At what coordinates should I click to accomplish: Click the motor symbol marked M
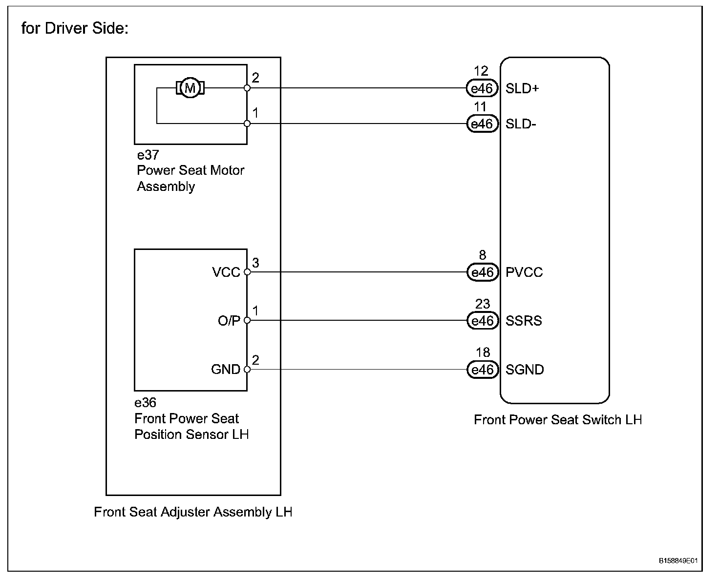coord(190,88)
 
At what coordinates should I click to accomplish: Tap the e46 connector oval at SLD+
coord(482,88)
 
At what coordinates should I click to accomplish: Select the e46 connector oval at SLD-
coord(482,124)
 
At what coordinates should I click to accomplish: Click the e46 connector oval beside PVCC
coord(482,272)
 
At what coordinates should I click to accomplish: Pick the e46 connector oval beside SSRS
coord(482,321)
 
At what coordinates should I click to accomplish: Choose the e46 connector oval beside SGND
coord(482,370)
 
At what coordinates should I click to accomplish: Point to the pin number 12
coord(481,71)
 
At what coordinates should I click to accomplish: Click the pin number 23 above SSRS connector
coord(483,304)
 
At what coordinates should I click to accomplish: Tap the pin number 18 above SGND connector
coord(483,352)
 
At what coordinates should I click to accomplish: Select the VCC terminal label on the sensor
coord(226,272)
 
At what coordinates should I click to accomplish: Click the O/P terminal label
coord(229,321)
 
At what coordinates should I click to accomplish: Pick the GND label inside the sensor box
coord(226,369)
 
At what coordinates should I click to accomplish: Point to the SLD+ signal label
coord(522,88)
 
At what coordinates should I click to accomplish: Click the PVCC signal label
coord(524,272)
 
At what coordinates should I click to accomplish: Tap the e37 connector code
coord(148,155)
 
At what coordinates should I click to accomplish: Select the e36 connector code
coord(146,403)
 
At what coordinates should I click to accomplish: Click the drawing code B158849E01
coord(678,560)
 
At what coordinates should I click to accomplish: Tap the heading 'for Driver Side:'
coord(75,28)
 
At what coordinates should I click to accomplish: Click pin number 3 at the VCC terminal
coord(255,263)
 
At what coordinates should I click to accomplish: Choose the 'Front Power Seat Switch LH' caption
coord(558,420)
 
